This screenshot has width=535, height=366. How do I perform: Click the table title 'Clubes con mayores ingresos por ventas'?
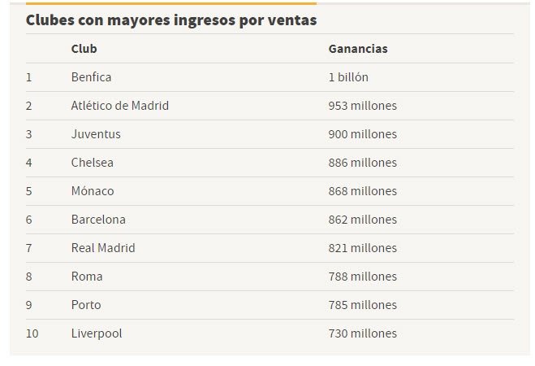coord(171,20)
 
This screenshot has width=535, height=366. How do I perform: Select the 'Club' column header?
coord(84,49)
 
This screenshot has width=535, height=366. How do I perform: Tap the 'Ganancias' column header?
coord(358,49)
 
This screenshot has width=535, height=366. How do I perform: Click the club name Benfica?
coord(91,77)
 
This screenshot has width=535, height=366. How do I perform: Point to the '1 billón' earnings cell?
coord(348,77)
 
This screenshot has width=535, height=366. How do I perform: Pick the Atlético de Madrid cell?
coord(120,106)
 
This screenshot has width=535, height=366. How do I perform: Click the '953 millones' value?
coord(362,106)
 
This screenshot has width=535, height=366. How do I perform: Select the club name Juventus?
coord(96,134)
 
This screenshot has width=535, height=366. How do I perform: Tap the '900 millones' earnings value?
coord(362,134)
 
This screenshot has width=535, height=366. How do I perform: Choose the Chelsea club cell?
coord(93,163)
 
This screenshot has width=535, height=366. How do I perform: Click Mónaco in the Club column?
coord(93,191)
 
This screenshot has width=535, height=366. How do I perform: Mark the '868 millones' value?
coord(362,191)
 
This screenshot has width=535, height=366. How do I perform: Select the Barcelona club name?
coord(98,220)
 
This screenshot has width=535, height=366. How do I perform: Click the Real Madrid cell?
coord(103,248)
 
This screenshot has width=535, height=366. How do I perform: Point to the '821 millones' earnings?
coord(362,248)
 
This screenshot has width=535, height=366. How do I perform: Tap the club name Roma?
coord(87,277)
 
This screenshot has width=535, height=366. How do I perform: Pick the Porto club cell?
coord(86,305)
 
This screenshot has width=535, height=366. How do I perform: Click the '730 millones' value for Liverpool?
coord(362,333)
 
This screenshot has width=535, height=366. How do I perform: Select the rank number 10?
coord(32,333)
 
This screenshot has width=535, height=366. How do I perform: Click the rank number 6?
coord(28,220)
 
